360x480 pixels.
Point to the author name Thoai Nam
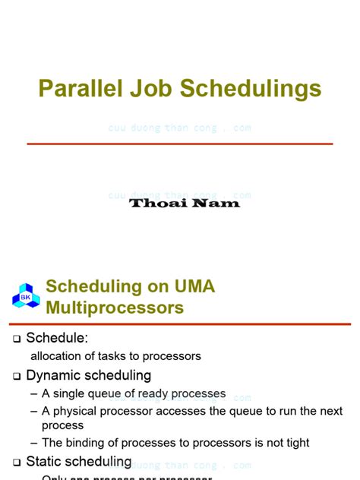click(185, 203)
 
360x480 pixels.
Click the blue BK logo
click(25, 295)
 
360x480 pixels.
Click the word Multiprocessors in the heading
click(115, 308)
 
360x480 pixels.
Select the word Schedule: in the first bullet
click(58, 338)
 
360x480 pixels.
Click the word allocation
click(57, 356)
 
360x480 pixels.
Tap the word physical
click(79, 411)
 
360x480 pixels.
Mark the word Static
click(45, 462)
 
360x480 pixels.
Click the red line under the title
click(180, 144)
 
